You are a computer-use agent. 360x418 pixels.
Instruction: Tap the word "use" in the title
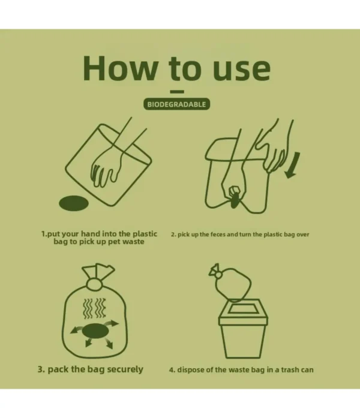(242, 70)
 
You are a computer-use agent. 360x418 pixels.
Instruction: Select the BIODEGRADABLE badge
(176, 104)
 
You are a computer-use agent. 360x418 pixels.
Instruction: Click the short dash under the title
(177, 92)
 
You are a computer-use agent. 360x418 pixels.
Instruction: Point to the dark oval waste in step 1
(74, 203)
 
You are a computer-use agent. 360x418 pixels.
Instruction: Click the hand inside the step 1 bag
(106, 166)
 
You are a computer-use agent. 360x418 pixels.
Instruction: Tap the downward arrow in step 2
(293, 166)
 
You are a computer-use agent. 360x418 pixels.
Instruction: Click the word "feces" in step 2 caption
(218, 234)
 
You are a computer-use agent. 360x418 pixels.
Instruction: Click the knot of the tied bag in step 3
(94, 284)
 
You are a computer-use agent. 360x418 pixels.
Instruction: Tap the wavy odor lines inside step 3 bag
(95, 308)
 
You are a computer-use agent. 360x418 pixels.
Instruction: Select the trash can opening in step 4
(243, 309)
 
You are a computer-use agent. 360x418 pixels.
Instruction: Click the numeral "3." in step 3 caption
(41, 369)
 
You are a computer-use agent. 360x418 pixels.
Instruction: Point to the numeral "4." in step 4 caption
(172, 370)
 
